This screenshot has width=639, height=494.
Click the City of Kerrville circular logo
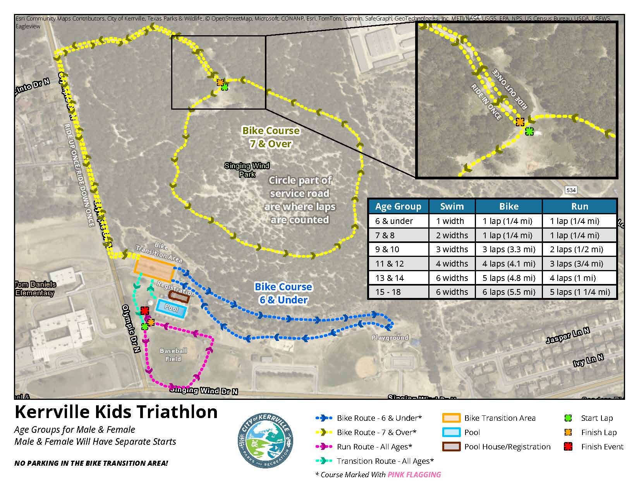265,440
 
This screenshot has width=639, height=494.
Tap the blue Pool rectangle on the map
171,309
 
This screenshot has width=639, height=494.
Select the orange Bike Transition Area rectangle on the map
154,268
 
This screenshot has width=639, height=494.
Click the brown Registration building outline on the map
179,297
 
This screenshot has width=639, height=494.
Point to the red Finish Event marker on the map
145,311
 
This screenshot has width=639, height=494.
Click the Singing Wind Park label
247,170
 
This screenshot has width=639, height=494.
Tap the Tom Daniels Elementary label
35,289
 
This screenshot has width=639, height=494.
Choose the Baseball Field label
173,355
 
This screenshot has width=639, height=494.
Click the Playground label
390,338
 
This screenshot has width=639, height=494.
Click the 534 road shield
571,190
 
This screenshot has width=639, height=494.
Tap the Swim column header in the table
452,207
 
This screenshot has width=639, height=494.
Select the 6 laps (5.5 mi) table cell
508,292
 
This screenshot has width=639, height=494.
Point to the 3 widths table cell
452,250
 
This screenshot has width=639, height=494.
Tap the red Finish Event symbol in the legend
568,447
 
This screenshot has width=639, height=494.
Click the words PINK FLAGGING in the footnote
414,475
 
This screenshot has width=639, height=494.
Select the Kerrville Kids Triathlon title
116,412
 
